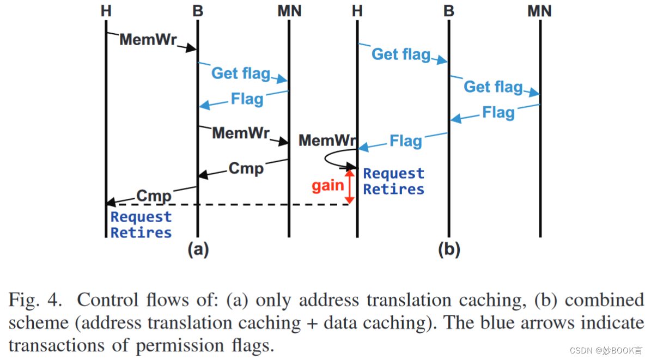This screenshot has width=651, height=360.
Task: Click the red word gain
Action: pyautogui.click(x=327, y=186)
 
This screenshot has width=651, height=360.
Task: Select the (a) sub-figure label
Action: pyautogui.click(x=198, y=249)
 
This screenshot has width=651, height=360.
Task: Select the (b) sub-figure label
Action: pyautogui.click(x=449, y=249)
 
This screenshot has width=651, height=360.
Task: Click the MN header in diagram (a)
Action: pyautogui.click(x=289, y=11)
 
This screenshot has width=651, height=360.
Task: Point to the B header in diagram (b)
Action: pyautogui.click(x=449, y=11)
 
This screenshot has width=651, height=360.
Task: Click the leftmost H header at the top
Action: pyautogui.click(x=106, y=11)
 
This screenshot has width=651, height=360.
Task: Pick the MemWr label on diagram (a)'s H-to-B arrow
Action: pyautogui.click(x=148, y=40)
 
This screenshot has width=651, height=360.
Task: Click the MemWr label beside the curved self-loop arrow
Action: pyautogui.click(x=325, y=141)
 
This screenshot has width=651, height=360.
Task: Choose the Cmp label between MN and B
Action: pyautogui.click(x=246, y=168)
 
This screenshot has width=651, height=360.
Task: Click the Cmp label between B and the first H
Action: pyautogui.click(x=154, y=196)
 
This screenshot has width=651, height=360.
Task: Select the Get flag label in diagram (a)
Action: pyautogui.click(x=240, y=73)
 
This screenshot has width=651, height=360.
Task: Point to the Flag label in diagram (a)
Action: pyautogui.click(x=247, y=99)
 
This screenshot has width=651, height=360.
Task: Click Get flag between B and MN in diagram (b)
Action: pyautogui.click(x=493, y=87)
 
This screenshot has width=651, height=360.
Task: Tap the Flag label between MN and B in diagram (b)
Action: pyautogui.click(x=498, y=113)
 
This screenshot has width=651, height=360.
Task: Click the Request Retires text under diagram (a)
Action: pyautogui.click(x=141, y=225)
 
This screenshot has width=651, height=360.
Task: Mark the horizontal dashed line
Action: pyautogui.click(x=229, y=205)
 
